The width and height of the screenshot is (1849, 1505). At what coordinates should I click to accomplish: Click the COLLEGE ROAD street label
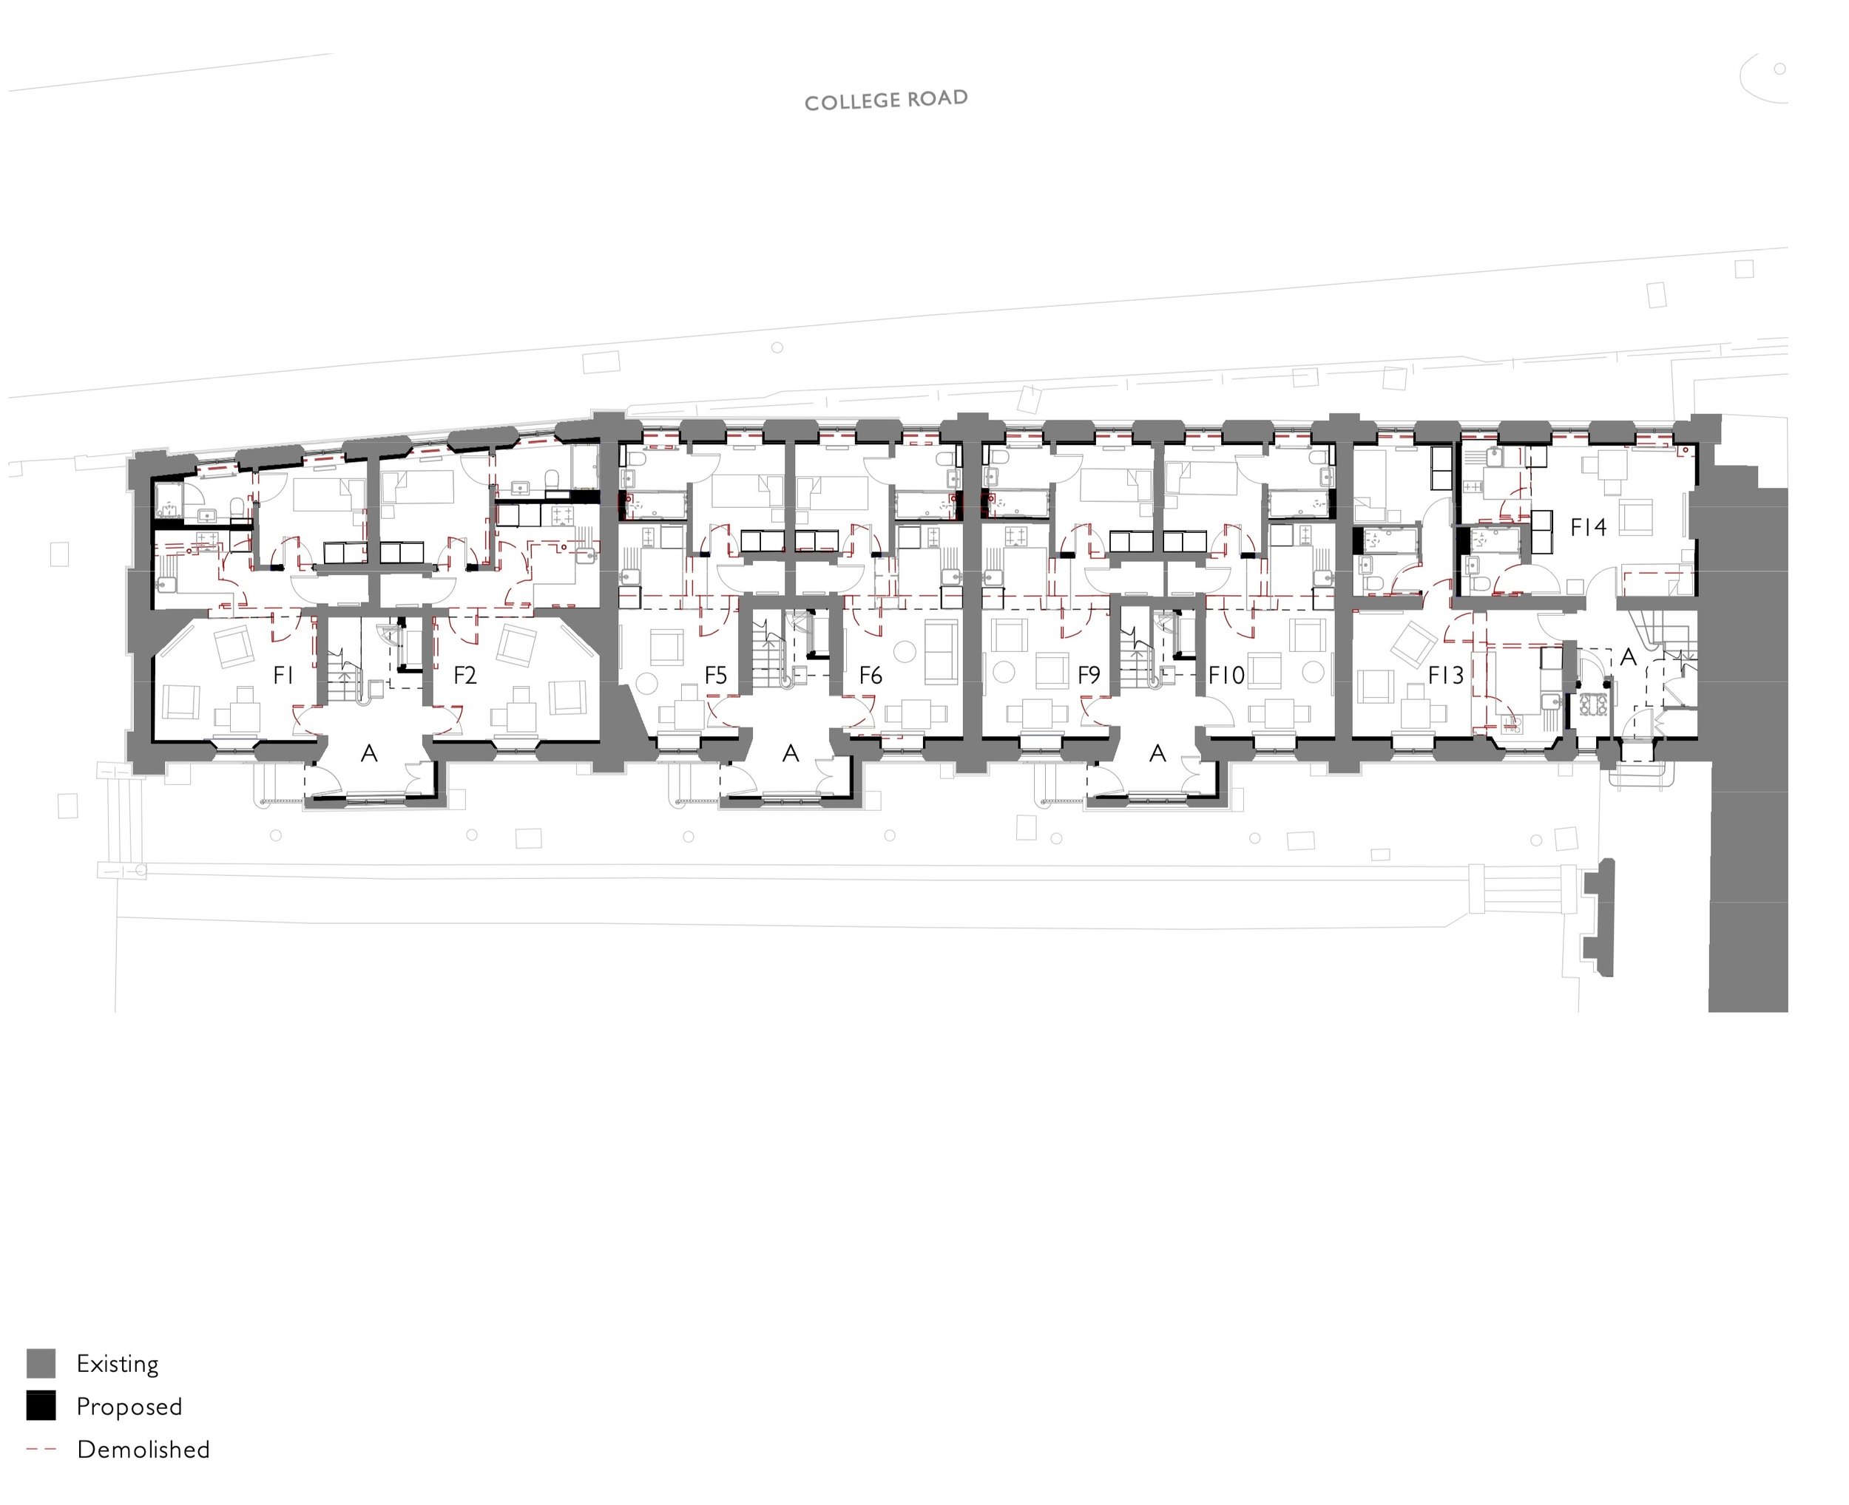pyautogui.click(x=885, y=101)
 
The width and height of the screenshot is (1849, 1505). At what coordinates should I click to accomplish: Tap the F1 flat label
pyautogui.click(x=283, y=676)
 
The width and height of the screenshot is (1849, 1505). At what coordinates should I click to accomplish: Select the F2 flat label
pyautogui.click(x=465, y=676)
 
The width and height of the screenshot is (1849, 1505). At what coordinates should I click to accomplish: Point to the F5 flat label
pyautogui.click(x=715, y=676)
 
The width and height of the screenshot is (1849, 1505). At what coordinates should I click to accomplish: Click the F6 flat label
pyautogui.click(x=870, y=676)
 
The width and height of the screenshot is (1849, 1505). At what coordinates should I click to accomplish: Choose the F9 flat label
pyautogui.click(x=1089, y=676)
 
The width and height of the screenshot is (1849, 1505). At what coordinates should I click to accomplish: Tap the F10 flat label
pyautogui.click(x=1226, y=676)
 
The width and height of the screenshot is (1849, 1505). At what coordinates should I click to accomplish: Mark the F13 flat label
pyautogui.click(x=1446, y=676)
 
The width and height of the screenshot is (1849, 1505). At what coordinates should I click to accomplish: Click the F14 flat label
pyautogui.click(x=1588, y=527)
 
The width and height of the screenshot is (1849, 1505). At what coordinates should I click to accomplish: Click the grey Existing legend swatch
pyautogui.click(x=41, y=1364)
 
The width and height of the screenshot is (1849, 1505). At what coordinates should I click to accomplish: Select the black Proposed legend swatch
pyautogui.click(x=41, y=1406)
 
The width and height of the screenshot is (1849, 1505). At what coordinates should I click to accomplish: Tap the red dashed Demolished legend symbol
pyautogui.click(x=41, y=1449)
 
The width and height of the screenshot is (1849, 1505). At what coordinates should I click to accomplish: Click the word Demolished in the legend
pyautogui.click(x=143, y=1450)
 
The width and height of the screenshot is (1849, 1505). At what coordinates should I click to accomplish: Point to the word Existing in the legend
pyautogui.click(x=117, y=1365)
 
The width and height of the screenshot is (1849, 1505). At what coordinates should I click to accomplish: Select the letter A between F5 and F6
pyautogui.click(x=790, y=754)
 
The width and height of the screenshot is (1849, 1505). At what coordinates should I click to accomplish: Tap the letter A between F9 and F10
pyautogui.click(x=1157, y=754)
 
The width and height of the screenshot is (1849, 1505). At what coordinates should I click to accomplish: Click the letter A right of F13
pyautogui.click(x=1628, y=657)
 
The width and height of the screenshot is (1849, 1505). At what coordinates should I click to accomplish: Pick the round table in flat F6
pyautogui.click(x=905, y=651)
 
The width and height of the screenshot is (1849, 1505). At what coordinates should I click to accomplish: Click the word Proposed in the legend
pyautogui.click(x=129, y=1407)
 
